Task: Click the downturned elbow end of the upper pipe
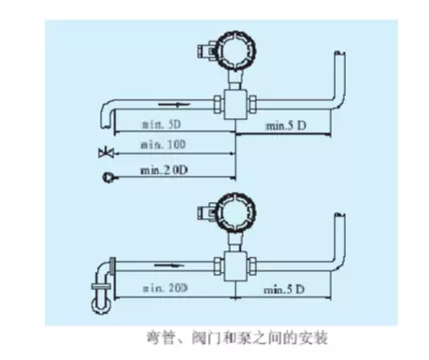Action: coord(106,118)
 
